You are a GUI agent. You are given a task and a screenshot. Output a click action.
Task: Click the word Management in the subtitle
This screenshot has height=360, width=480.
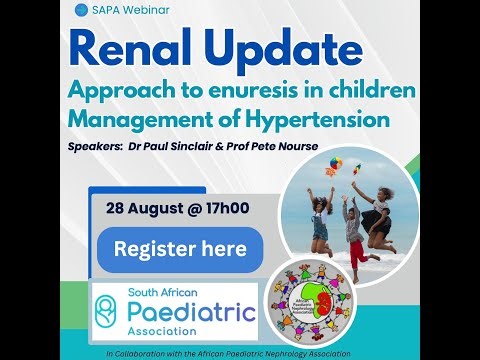pos(127,120)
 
